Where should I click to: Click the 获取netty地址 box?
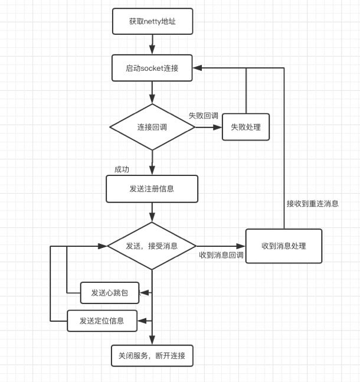tap(152, 22)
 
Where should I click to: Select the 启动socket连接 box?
tap(152, 68)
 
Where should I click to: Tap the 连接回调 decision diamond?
tap(152, 127)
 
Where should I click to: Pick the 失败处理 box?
tap(246, 127)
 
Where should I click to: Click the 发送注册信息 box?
tap(152, 189)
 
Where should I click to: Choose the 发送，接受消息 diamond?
tap(152, 246)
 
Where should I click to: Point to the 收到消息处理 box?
tap(284, 246)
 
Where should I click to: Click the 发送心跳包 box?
tap(110, 292)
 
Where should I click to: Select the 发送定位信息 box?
tap(102, 321)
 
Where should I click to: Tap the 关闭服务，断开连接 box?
tap(152, 355)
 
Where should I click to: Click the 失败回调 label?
tap(204, 116)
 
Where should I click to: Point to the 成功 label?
tap(122, 169)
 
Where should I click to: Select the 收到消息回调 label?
tap(221, 256)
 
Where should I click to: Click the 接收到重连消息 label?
tap(312, 204)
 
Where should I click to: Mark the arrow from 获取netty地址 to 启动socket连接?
tap(152, 44)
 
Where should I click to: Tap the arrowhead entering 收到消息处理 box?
tap(241, 246)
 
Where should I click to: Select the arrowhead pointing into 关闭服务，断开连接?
tap(152, 341)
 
